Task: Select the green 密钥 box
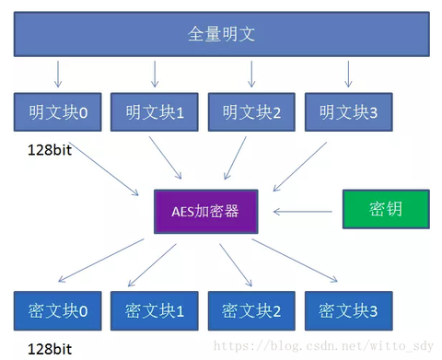386,209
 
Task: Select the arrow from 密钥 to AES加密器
304,211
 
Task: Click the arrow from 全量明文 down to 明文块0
57,74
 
